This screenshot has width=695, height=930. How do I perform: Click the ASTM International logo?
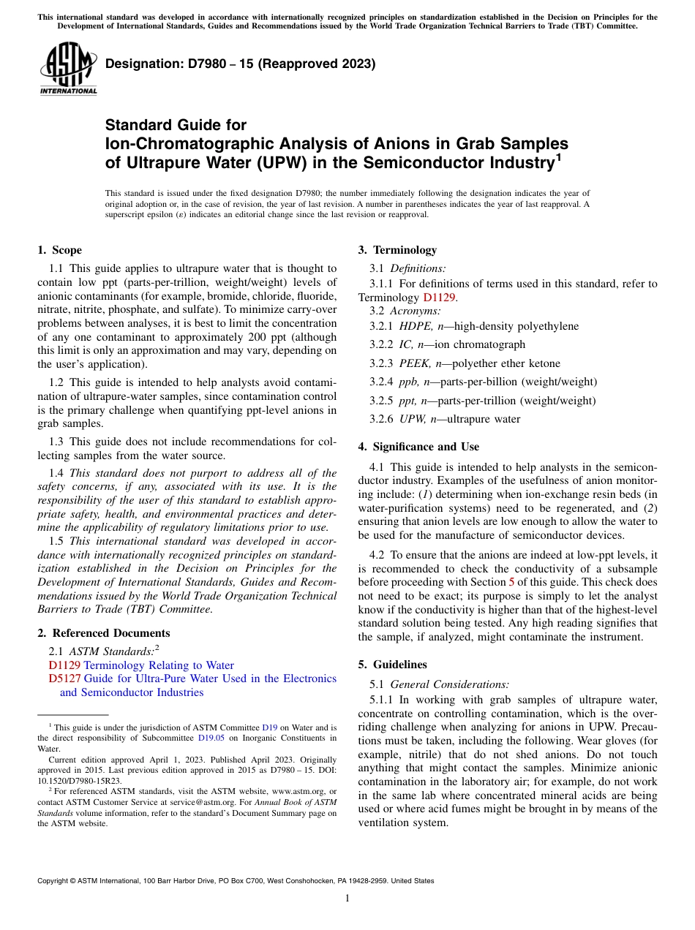[x=68, y=69]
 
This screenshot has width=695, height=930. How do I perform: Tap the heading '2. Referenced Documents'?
[x=103, y=633]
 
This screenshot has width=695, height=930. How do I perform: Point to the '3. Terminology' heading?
[x=397, y=250]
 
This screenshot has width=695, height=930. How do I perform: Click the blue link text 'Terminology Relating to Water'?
[x=159, y=665]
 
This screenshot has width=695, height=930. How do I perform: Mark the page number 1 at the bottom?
[x=347, y=898]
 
